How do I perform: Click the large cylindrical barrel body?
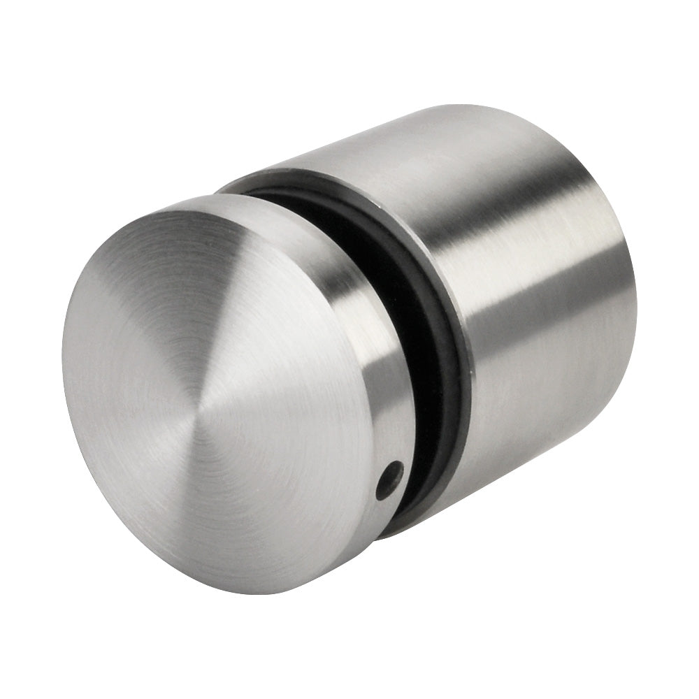(x=531, y=315)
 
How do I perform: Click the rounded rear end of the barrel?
(x=615, y=280)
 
